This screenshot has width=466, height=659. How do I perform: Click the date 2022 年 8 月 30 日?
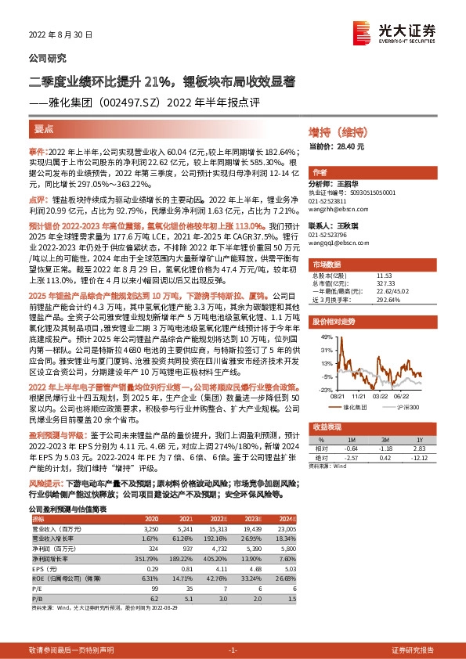(60, 35)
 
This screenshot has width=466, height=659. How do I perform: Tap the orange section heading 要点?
(45, 128)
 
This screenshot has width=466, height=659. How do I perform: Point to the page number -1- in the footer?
(232, 650)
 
